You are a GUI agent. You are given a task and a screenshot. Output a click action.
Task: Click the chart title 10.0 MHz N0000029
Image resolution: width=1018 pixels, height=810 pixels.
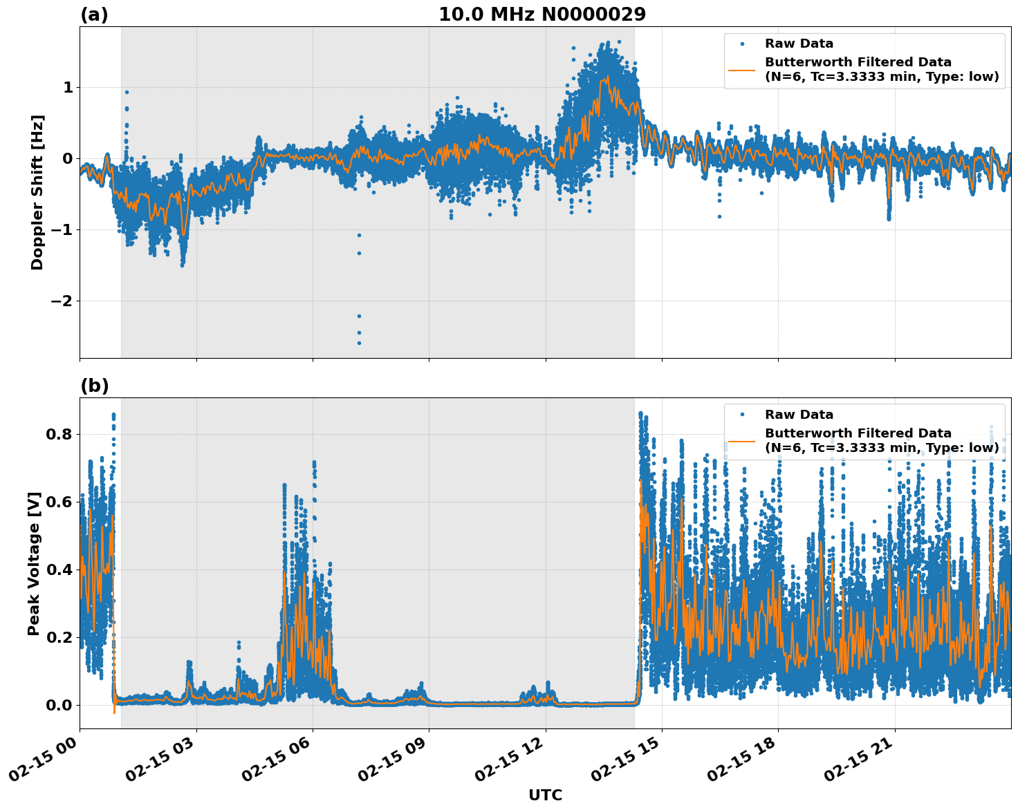[542, 15]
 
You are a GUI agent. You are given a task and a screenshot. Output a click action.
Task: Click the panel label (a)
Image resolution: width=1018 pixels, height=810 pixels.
[94, 15]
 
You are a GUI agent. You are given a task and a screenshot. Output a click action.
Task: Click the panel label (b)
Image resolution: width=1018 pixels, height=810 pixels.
[95, 386]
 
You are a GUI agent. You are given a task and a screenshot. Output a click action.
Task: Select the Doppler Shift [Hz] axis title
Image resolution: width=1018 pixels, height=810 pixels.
[37, 192]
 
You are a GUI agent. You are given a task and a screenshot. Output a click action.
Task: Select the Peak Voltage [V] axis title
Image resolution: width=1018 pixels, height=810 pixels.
[34, 563]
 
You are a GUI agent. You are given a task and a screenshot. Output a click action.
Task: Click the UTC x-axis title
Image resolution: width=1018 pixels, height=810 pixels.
[545, 795]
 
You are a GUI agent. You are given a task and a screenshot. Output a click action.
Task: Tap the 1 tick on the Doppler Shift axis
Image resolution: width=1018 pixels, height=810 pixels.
[68, 87]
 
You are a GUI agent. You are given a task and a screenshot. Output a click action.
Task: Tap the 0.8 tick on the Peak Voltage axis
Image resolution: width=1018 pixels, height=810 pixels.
[59, 434]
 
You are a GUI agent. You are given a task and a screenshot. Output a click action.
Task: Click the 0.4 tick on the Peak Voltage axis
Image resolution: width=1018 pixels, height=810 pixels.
[59, 569]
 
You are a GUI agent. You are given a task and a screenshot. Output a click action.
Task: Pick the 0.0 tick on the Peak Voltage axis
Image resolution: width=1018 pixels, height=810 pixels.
[59, 705]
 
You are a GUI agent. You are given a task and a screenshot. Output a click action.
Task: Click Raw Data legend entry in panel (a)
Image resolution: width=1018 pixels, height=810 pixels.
[799, 44]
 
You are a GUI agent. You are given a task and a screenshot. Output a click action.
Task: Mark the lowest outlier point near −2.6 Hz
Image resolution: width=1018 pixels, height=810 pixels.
[359, 343]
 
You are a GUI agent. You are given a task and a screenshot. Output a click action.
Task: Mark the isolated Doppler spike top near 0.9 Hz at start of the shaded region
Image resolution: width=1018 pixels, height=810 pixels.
[127, 92]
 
